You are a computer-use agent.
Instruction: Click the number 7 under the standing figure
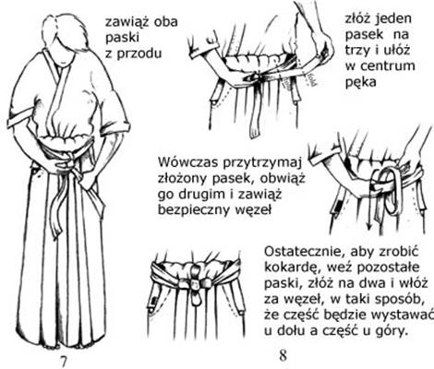click(x=63, y=361)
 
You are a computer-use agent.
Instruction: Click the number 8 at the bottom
click(x=283, y=355)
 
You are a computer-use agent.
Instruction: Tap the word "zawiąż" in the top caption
click(x=124, y=23)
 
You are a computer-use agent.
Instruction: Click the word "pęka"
click(x=360, y=83)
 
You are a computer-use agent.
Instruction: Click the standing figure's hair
click(x=66, y=30)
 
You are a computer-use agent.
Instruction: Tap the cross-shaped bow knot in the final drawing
click(x=195, y=283)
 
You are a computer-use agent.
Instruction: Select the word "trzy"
click(x=357, y=50)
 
